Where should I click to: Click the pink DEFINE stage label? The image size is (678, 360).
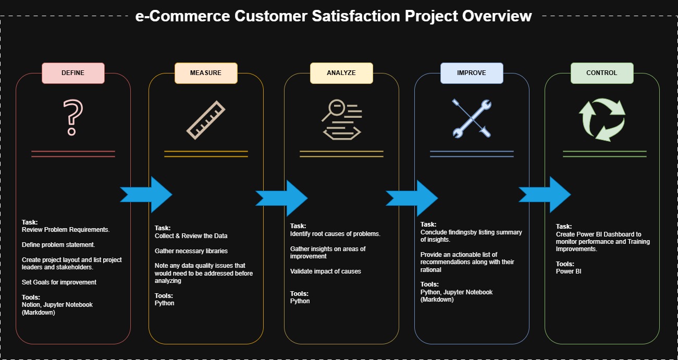tap(73, 73)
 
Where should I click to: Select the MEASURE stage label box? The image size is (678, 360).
tap(206, 73)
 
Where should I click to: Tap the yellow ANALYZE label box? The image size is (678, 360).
tap(341, 73)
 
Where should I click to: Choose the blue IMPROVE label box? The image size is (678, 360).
tap(472, 73)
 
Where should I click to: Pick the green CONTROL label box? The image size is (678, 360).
tap(602, 73)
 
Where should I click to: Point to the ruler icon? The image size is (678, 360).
tap(206, 120)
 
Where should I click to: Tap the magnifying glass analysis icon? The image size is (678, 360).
tap(342, 119)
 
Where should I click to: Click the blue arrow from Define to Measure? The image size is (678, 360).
tap(146, 195)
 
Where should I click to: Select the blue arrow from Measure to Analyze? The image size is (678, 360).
tap(281, 198)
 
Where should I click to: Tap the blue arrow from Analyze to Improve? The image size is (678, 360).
tap(412, 198)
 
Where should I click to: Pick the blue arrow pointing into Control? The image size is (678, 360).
tap(545, 195)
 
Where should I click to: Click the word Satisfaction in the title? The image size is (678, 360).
tap(356, 16)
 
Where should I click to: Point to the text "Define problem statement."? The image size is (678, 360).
tap(58, 245)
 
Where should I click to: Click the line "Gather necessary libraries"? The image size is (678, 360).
tap(191, 251)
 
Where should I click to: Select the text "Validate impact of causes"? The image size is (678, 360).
tap(325, 271)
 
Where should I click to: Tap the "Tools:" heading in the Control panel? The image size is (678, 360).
tap(565, 264)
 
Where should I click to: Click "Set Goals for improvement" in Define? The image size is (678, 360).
tap(59, 282)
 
